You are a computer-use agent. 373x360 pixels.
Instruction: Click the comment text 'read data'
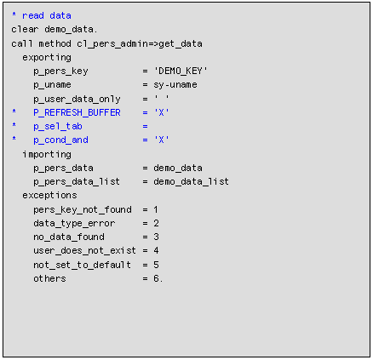(47, 15)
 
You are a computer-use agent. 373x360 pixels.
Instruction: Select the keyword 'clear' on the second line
(25, 29)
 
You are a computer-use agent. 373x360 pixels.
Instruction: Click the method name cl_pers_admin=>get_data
(140, 43)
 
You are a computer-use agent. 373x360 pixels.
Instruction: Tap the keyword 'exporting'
(47, 58)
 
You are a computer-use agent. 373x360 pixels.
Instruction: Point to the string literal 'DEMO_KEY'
(181, 71)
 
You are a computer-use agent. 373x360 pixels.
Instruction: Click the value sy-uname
(175, 85)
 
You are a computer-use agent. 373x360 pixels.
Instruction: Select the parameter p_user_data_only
(77, 99)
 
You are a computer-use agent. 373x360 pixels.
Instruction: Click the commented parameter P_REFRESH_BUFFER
(77, 112)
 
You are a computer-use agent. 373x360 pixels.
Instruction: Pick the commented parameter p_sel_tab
(58, 126)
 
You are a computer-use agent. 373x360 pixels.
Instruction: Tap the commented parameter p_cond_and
(60, 140)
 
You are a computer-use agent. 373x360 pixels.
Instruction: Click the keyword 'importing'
(47, 154)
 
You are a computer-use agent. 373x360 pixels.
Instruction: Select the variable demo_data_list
(192, 181)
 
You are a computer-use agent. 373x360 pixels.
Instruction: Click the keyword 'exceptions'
(49, 195)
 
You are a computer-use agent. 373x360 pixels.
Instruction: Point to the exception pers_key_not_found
(83, 209)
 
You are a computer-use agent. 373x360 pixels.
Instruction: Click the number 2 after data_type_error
(156, 223)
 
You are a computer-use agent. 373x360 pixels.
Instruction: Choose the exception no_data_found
(69, 237)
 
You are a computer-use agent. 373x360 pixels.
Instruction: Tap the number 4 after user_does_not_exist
(156, 250)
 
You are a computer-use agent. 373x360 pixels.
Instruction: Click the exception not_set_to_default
(83, 265)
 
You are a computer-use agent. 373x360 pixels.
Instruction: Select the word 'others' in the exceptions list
(49, 278)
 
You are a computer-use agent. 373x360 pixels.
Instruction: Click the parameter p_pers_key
(60, 71)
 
